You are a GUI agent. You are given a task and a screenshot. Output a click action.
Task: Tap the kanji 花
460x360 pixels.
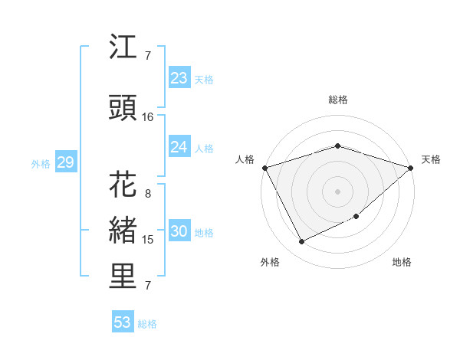point(123,186)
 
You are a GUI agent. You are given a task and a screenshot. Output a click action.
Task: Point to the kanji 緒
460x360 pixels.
point(123,232)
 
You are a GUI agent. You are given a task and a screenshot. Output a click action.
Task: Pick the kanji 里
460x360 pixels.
point(123,277)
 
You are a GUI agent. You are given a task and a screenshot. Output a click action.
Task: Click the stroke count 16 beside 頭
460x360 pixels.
point(148,117)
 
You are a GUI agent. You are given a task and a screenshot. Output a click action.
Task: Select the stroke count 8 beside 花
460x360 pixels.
point(148,194)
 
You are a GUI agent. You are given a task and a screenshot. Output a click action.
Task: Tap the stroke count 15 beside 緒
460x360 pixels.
point(148,240)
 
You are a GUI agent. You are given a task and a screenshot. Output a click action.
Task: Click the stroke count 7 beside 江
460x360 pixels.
point(148,56)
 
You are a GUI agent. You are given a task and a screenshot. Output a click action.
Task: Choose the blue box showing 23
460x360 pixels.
point(179,78)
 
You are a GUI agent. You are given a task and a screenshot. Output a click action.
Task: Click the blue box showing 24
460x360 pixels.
point(179,147)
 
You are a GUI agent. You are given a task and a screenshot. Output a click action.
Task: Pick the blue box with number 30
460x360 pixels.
point(179,232)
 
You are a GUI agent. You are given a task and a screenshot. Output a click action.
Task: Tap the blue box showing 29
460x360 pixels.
point(65,162)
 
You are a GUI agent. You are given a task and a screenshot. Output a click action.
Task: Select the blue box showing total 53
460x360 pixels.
point(122,322)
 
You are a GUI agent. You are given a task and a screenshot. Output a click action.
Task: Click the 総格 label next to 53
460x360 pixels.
point(148,324)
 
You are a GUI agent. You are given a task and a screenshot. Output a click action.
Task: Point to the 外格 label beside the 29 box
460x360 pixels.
point(41,164)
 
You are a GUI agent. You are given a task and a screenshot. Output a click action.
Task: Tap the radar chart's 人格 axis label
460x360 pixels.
point(245,159)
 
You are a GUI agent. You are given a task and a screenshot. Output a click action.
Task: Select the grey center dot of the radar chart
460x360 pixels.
point(337,191)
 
